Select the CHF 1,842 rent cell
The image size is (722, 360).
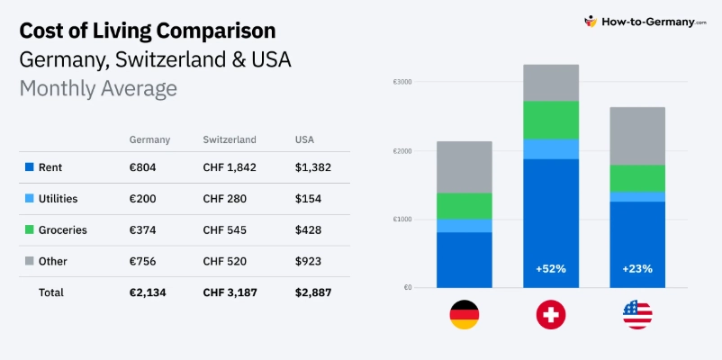click(x=230, y=167)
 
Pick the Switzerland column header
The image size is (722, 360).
click(x=230, y=139)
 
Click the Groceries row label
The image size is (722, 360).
click(x=63, y=230)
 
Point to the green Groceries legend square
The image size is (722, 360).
click(x=29, y=230)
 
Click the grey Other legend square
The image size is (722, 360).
click(x=29, y=262)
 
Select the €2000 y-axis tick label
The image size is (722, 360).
click(x=402, y=150)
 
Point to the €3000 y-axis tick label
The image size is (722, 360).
click(x=402, y=82)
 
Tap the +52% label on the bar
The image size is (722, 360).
click(x=550, y=268)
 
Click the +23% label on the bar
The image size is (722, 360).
click(x=637, y=268)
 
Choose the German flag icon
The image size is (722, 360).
click(x=465, y=314)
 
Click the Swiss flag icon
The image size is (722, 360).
click(x=550, y=314)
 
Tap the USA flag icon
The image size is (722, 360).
click(x=637, y=314)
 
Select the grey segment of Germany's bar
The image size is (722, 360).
click(x=465, y=166)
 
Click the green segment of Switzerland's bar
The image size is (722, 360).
click(x=550, y=120)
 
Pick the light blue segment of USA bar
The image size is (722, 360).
click(x=637, y=196)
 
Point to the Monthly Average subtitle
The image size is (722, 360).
click(x=98, y=89)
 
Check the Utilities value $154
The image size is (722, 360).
click(x=307, y=199)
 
